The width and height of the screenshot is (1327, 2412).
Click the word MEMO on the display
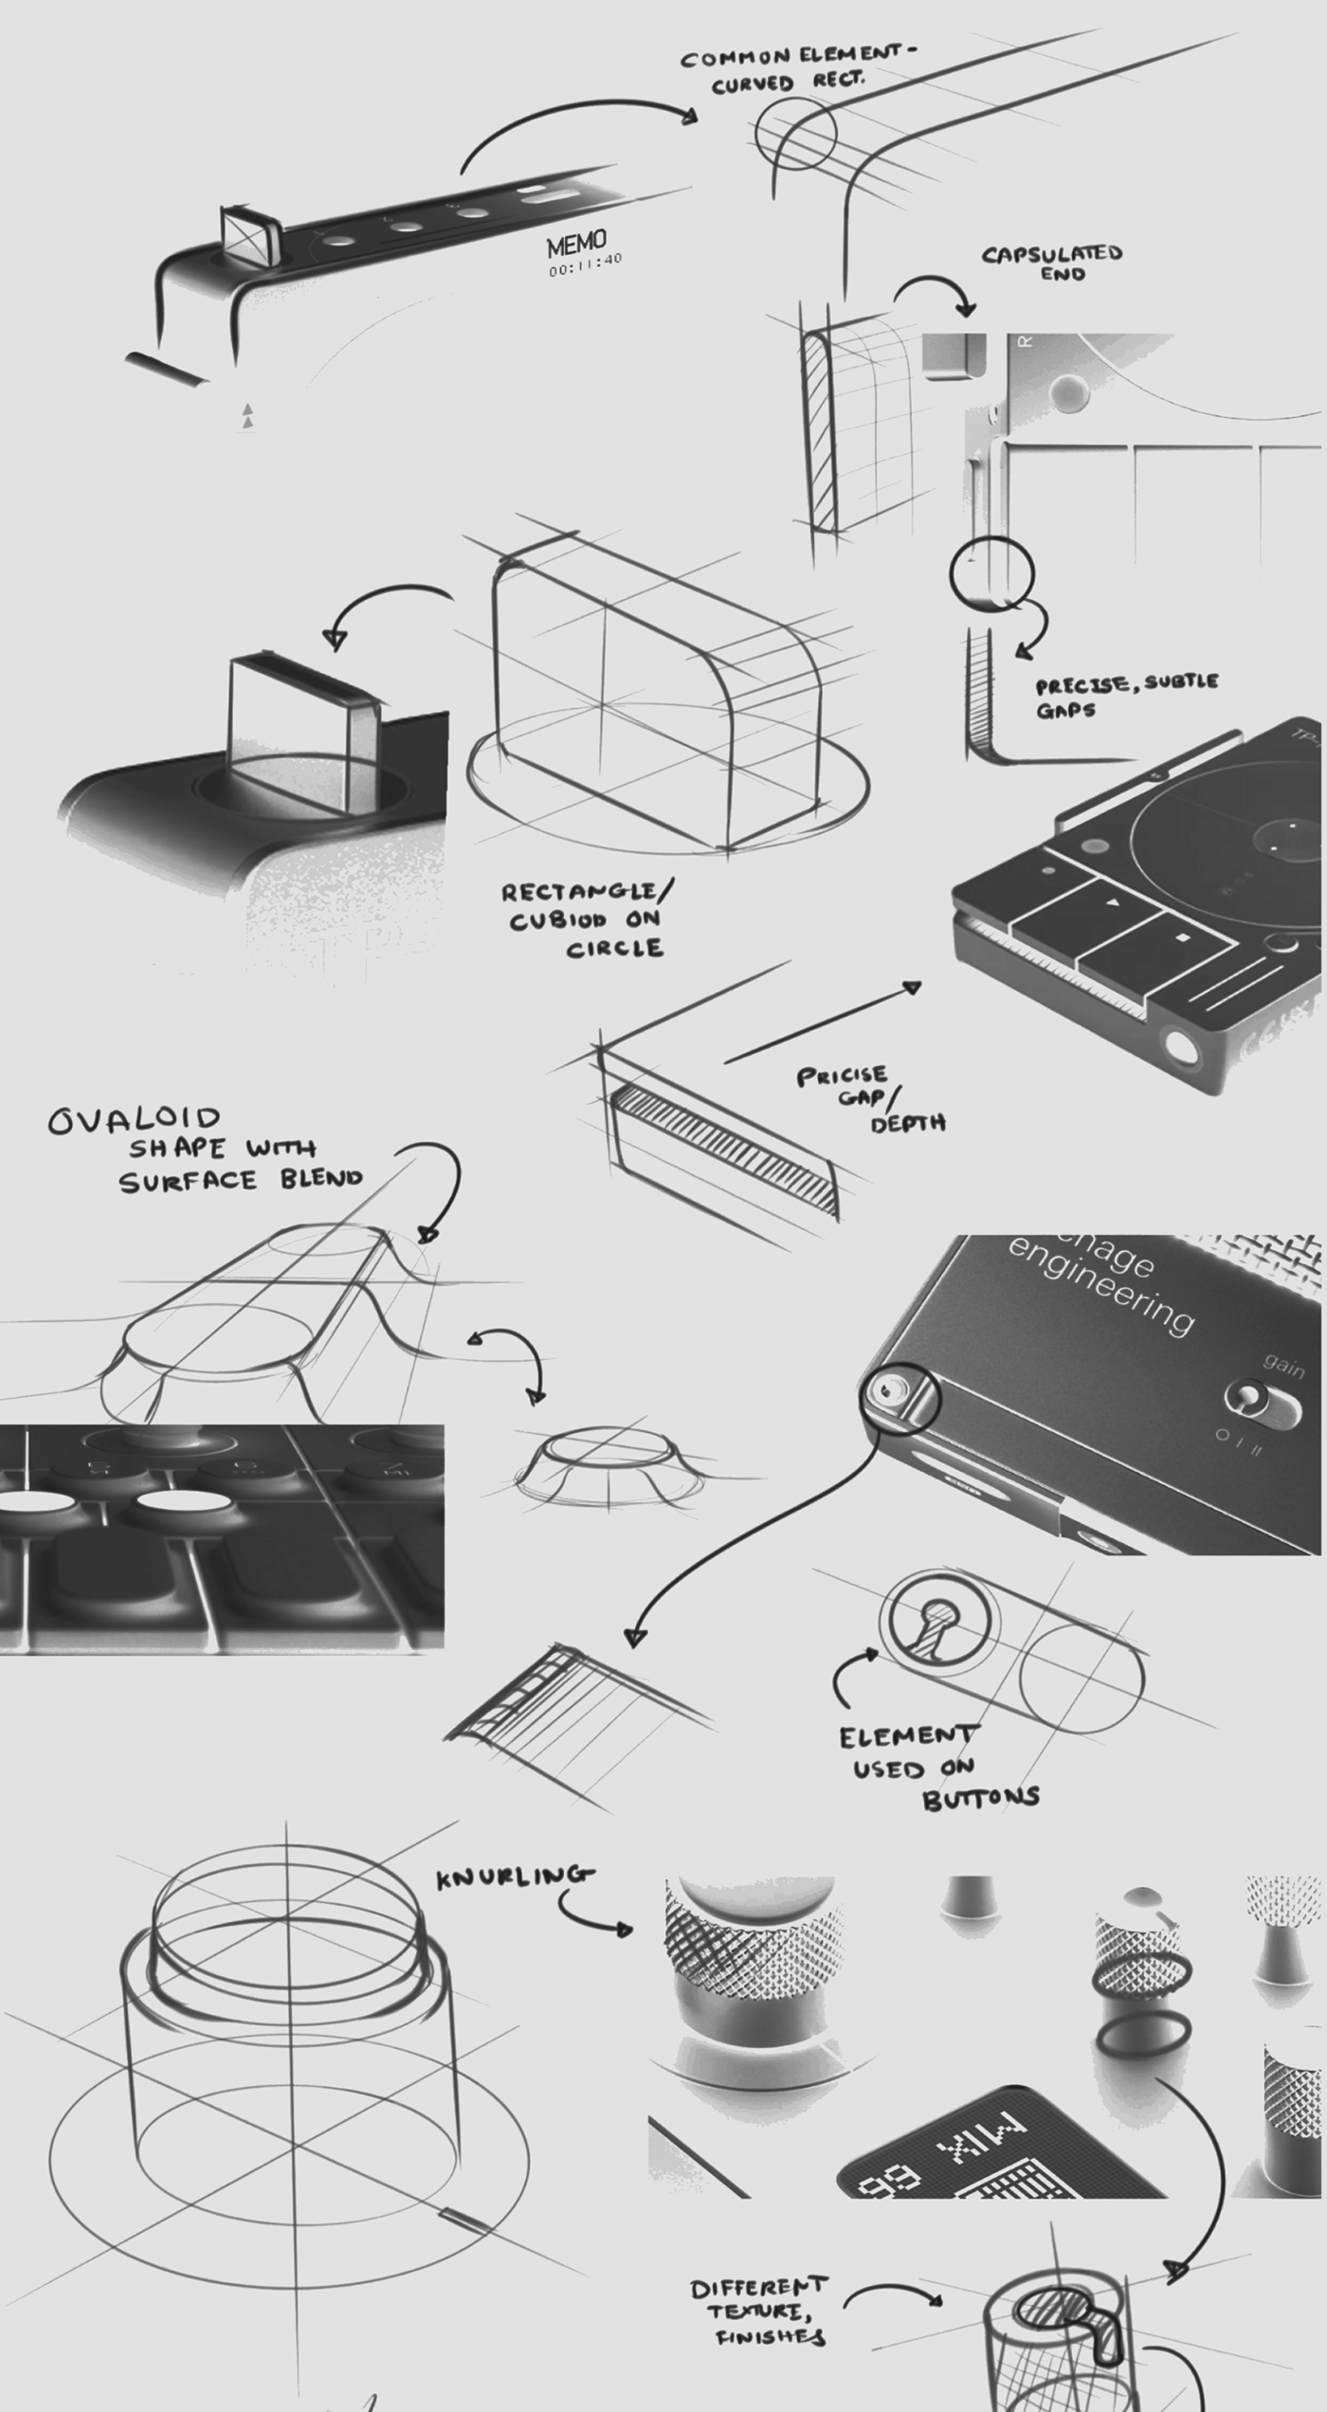(575, 245)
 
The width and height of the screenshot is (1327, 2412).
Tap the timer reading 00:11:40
(585, 264)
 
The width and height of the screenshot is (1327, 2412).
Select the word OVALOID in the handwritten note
(135, 1120)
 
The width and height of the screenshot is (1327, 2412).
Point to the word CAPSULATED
(1051, 254)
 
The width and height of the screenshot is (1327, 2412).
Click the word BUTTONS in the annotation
(981, 1799)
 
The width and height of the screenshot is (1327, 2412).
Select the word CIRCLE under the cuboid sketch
(614, 948)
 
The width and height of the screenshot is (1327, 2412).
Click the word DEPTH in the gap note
(907, 1124)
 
